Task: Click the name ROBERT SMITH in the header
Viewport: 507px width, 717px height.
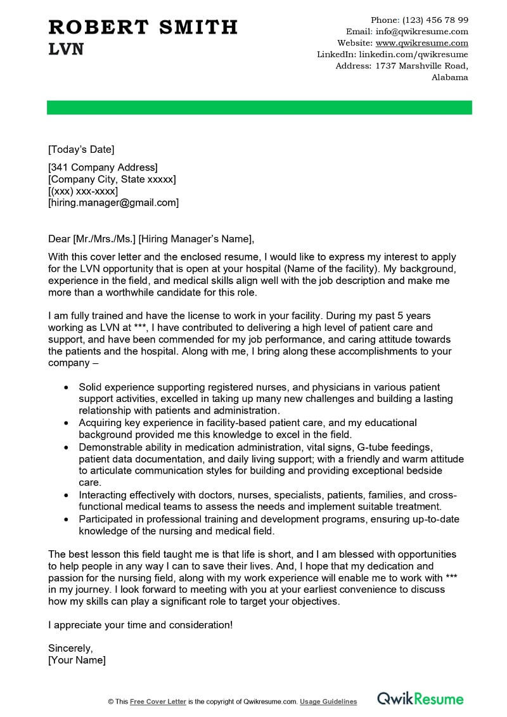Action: (x=143, y=27)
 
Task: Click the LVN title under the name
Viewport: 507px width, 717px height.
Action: (x=66, y=50)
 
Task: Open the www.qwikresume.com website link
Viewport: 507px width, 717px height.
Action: (x=422, y=43)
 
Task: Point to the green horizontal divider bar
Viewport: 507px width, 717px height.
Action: (x=259, y=107)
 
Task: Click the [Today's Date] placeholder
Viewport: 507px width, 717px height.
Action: (x=81, y=150)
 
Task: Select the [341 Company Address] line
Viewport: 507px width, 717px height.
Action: (x=103, y=167)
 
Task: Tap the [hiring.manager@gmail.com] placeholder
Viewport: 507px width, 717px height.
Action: (x=113, y=203)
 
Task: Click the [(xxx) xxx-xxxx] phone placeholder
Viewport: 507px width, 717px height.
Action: (x=83, y=191)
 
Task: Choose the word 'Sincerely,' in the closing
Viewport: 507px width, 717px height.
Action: (x=70, y=648)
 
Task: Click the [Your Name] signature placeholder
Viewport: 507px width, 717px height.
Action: (x=77, y=660)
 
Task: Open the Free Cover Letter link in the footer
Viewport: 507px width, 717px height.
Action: (x=158, y=702)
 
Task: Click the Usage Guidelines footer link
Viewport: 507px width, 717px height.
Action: (x=328, y=702)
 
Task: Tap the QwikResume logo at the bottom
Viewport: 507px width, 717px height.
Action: (x=420, y=699)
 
